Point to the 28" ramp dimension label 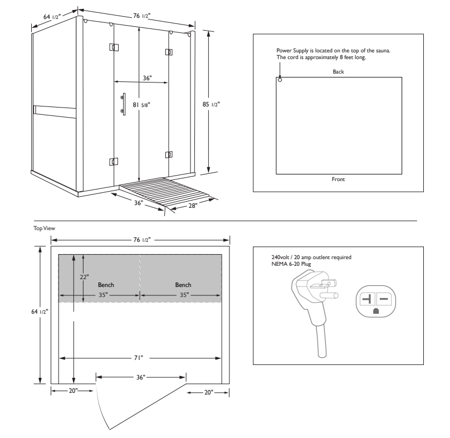coord(193,207)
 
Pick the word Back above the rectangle coord(339,72)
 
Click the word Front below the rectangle coord(339,179)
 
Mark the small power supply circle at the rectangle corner coord(280,80)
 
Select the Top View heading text coord(45,228)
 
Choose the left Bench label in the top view coord(106,285)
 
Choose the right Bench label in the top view coord(183,285)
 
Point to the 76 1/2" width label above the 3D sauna coord(140,16)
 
